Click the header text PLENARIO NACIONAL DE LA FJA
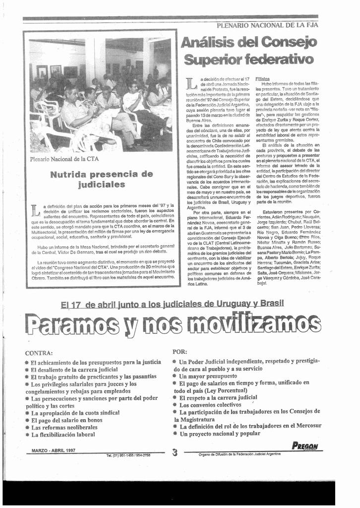267,25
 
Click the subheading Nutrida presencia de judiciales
101,180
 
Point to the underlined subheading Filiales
262,78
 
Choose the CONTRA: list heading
39,353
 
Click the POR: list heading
180,351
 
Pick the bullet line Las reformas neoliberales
64,427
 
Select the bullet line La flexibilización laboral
63,435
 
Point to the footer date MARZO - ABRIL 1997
53,450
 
